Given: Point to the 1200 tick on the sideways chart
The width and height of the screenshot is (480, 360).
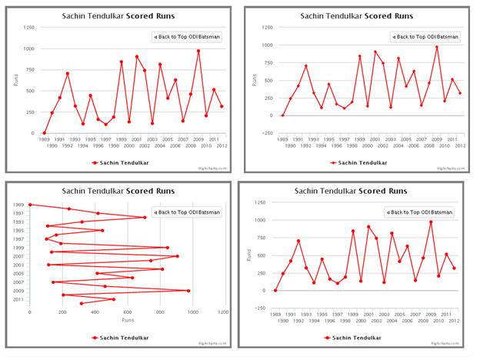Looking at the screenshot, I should (x=223, y=312).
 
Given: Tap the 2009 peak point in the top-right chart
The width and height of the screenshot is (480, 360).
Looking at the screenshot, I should (x=437, y=47).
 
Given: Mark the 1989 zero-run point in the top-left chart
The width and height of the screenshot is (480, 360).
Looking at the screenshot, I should (x=44, y=133).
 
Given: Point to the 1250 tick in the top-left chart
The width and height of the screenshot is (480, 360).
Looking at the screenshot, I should (x=28, y=28).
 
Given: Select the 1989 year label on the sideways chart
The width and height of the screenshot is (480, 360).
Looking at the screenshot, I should (x=18, y=205).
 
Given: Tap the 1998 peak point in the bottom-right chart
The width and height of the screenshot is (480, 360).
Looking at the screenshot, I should (x=353, y=231).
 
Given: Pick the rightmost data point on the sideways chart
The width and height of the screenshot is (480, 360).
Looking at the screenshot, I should (x=188, y=291).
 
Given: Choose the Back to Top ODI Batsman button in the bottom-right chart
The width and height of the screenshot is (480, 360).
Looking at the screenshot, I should (x=420, y=212).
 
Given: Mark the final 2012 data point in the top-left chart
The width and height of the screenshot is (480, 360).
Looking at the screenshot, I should (x=222, y=106).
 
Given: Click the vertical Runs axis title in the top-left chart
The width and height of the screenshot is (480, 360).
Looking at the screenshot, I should (x=13, y=79).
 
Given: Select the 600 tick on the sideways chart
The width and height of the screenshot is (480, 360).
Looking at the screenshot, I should (x=128, y=312).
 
